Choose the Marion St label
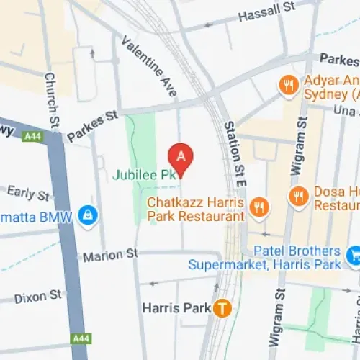pyautogui.click(x=109, y=255)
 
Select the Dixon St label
pyautogui.click(x=37, y=295)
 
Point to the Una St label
pyautogui.click(x=346, y=109)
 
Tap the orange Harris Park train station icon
pyautogui.click(x=224, y=308)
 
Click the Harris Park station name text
pyautogui.click(x=177, y=308)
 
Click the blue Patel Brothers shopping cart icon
pyautogui.click(x=354, y=254)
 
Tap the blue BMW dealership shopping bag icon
pyautogui.click(x=88, y=215)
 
